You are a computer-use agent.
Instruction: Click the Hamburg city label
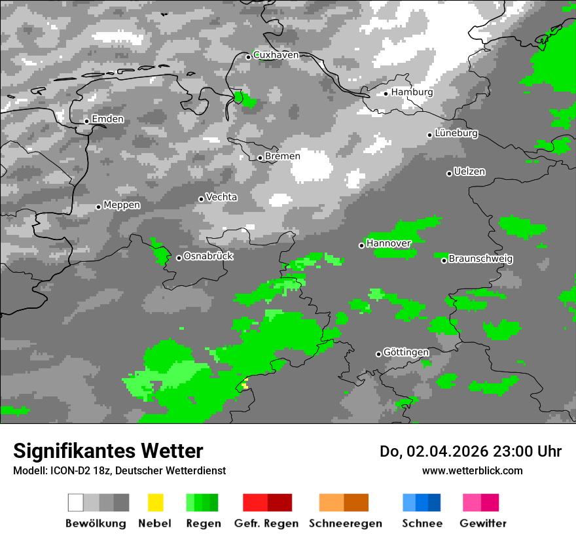pos(412,92)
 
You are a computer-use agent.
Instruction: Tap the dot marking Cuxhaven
pos(248,57)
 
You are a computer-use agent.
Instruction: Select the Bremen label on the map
pos(282,156)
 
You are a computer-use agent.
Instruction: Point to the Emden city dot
pos(86,121)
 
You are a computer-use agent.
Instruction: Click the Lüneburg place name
pos(456,133)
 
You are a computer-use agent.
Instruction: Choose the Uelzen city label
pos(469,172)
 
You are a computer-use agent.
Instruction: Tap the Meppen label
pos(122,205)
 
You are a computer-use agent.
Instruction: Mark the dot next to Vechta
pos(201,199)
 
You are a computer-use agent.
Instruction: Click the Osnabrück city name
pos(208,256)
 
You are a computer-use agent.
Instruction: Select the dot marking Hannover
pos(361,245)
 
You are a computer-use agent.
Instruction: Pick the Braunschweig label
pos(480,259)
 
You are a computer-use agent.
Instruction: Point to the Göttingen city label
pos(406,353)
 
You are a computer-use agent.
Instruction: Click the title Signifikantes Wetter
pos(108,451)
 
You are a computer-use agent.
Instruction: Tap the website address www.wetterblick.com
pos(472,470)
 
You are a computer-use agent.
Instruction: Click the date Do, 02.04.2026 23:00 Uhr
pos(471,451)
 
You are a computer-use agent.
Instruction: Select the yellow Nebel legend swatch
pos(155,502)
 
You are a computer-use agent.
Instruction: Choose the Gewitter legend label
pos(482,523)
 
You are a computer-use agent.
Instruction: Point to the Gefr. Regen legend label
pos(266,523)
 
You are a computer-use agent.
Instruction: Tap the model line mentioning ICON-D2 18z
pos(119,471)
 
